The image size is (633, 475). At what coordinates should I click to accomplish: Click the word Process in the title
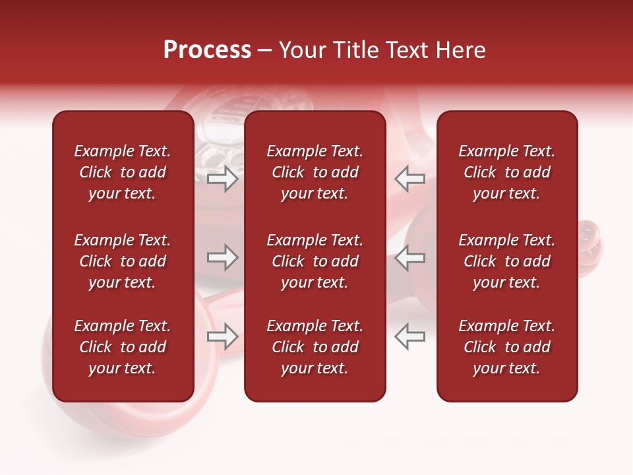pyautogui.click(x=207, y=50)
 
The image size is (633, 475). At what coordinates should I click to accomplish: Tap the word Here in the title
pyautogui.click(x=461, y=50)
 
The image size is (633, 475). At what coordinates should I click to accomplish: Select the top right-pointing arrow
pyautogui.click(x=223, y=179)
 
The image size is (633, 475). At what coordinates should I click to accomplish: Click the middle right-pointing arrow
pyautogui.click(x=223, y=257)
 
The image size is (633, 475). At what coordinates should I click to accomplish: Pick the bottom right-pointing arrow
pyautogui.click(x=223, y=336)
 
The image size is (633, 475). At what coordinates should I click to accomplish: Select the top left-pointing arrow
pyautogui.click(x=409, y=179)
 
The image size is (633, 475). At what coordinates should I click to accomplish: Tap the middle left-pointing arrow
pyautogui.click(x=409, y=257)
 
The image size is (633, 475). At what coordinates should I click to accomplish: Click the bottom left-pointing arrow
pyautogui.click(x=409, y=336)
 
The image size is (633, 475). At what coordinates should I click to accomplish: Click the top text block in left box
pyautogui.click(x=123, y=172)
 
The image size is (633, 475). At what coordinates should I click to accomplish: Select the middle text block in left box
pyautogui.click(x=123, y=261)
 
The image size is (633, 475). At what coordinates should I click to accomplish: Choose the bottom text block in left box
pyautogui.click(x=123, y=347)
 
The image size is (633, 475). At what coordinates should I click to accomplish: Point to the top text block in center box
pyautogui.click(x=315, y=172)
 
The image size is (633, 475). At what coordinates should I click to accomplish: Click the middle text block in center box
pyautogui.click(x=315, y=261)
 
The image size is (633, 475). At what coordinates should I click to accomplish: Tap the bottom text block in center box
pyautogui.click(x=315, y=347)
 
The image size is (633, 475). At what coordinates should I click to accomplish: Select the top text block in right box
pyautogui.click(x=506, y=172)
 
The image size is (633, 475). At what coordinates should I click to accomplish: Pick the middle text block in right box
pyautogui.click(x=506, y=261)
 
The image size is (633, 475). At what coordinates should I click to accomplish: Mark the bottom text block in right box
pyautogui.click(x=506, y=347)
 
